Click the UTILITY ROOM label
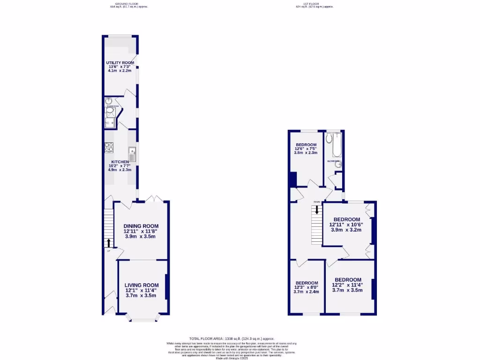[x=120, y=63]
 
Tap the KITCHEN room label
[x=120, y=162]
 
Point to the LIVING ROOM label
[x=142, y=285]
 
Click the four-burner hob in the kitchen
[x=109, y=148]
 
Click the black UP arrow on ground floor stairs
[x=109, y=242]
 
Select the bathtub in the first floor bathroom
[x=337, y=145]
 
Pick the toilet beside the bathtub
[x=330, y=138]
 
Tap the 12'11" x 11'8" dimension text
[x=141, y=231]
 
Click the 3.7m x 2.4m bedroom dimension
[x=306, y=292]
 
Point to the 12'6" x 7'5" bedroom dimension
[x=306, y=149]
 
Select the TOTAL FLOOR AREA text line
[x=232, y=338]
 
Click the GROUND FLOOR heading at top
[x=125, y=4]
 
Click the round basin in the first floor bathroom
[x=337, y=165]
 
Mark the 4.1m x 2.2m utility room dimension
[x=120, y=71]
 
